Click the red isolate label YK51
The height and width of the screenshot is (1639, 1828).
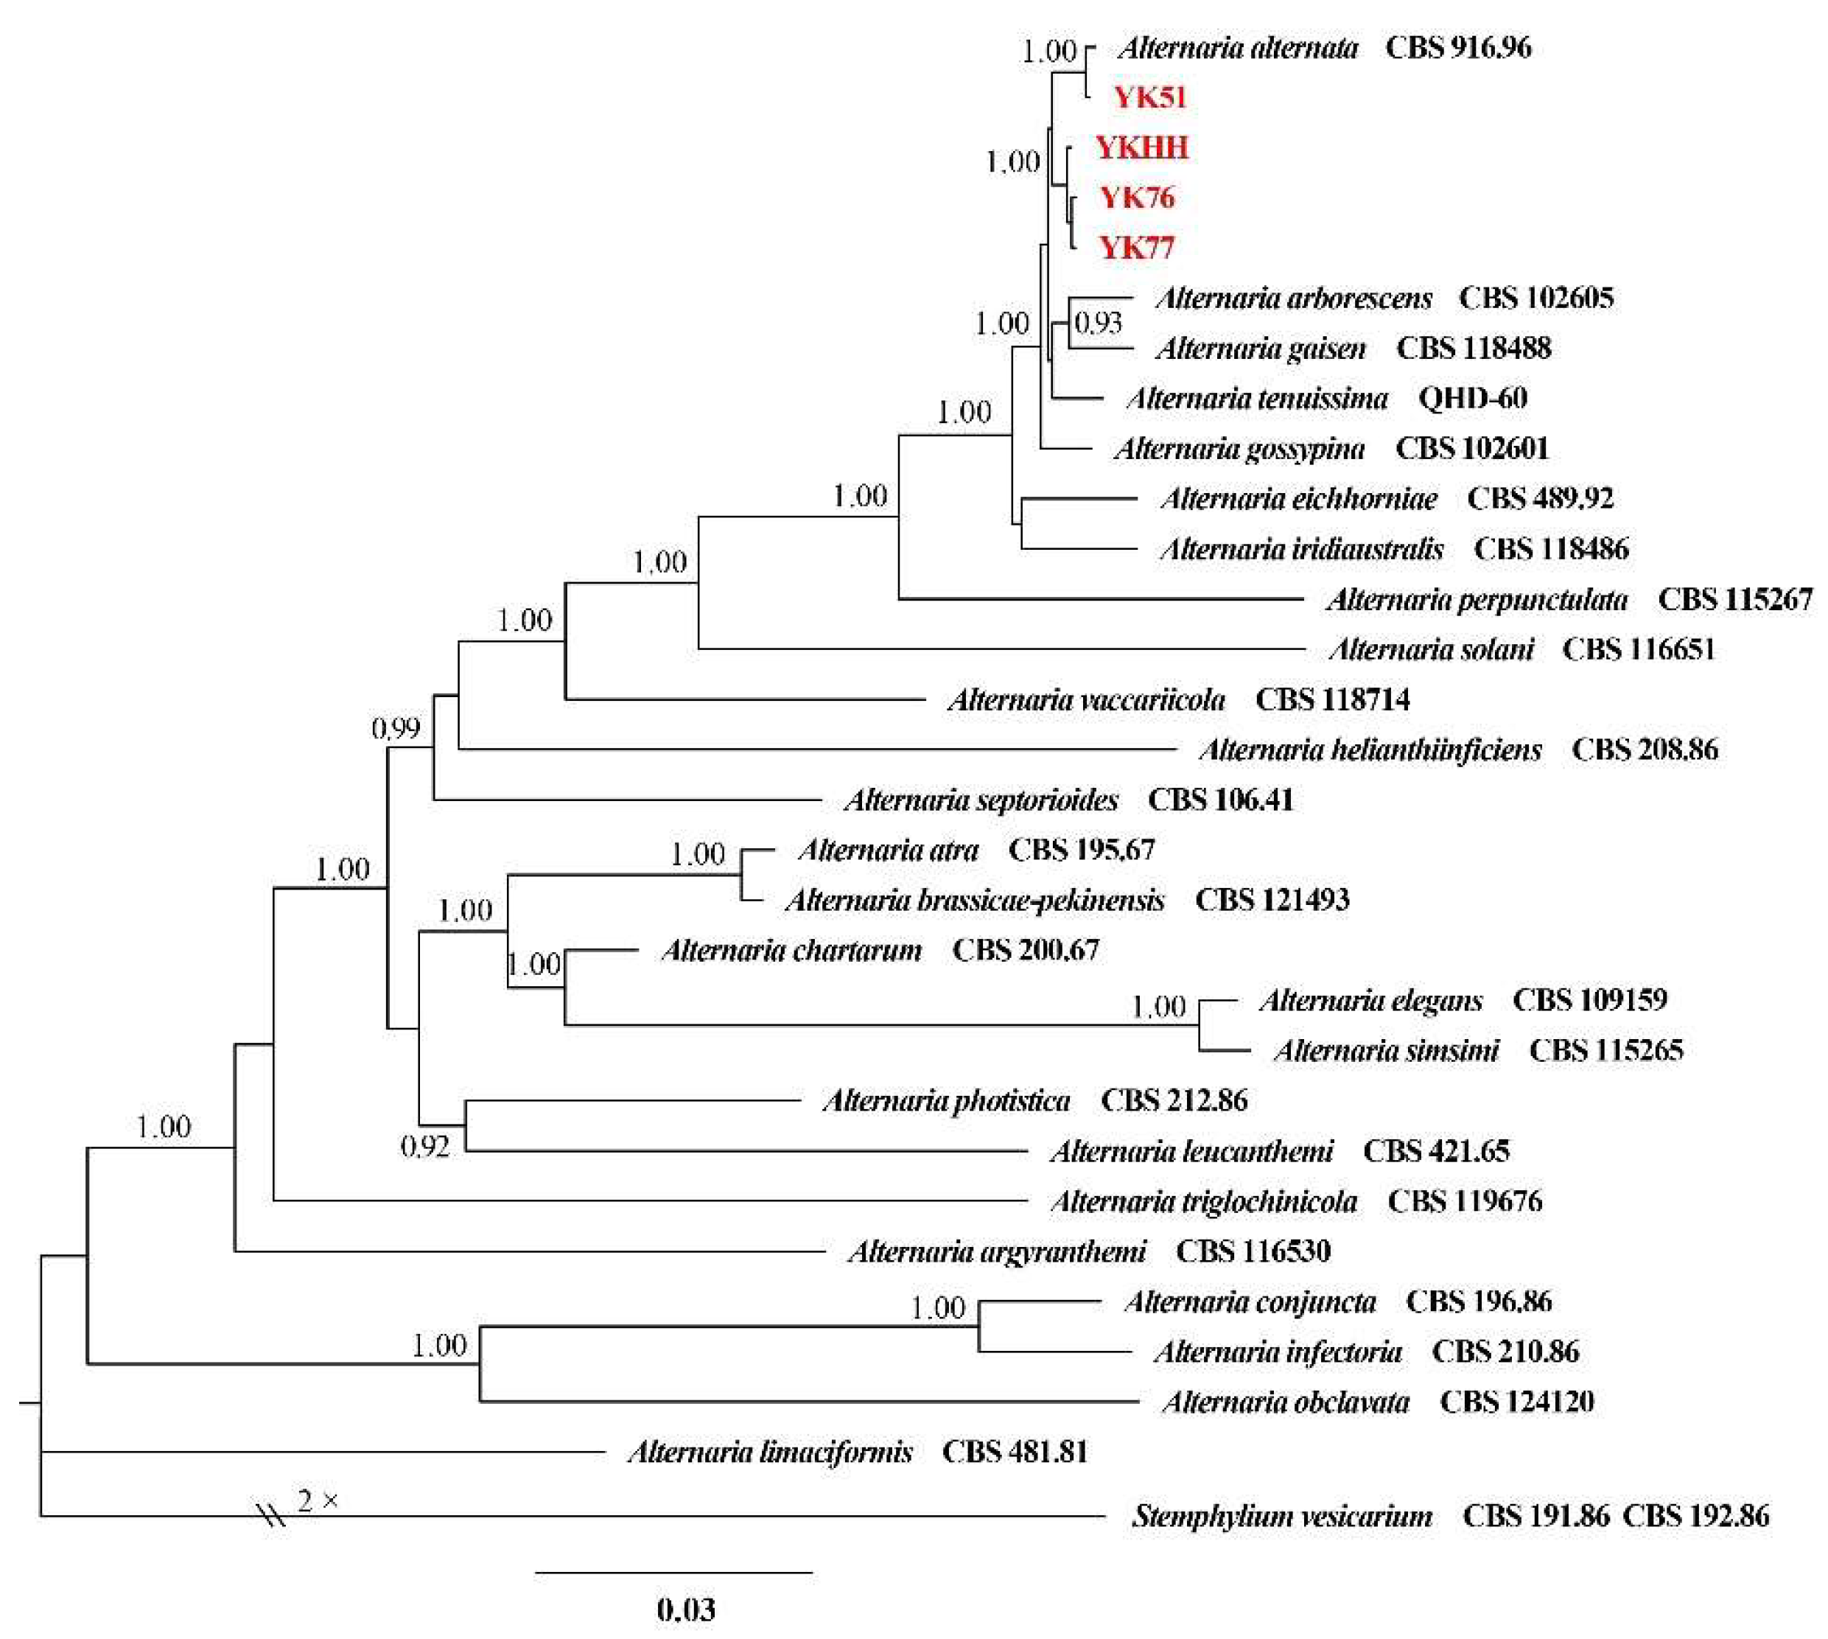pos(1150,97)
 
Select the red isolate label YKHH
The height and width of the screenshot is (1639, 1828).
pos(1142,147)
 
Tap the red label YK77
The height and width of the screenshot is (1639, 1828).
pos(1138,247)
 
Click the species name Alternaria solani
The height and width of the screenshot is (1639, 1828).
pos(1431,649)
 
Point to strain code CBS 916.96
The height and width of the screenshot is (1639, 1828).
pos(1458,47)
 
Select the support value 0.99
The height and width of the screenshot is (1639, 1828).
pos(396,727)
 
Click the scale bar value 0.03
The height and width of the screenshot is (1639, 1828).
pos(686,1610)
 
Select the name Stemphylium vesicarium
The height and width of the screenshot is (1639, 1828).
pos(1282,1517)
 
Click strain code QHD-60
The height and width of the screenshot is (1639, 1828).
pos(1472,397)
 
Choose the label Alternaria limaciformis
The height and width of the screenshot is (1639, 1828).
pos(770,1452)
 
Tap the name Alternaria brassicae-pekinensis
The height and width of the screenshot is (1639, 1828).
pos(976,900)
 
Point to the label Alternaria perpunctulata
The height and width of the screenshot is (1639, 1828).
pos(1477,599)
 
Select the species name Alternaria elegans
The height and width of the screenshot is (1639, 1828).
pos(1370,999)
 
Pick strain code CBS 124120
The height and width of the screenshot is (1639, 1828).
pos(1516,1401)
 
